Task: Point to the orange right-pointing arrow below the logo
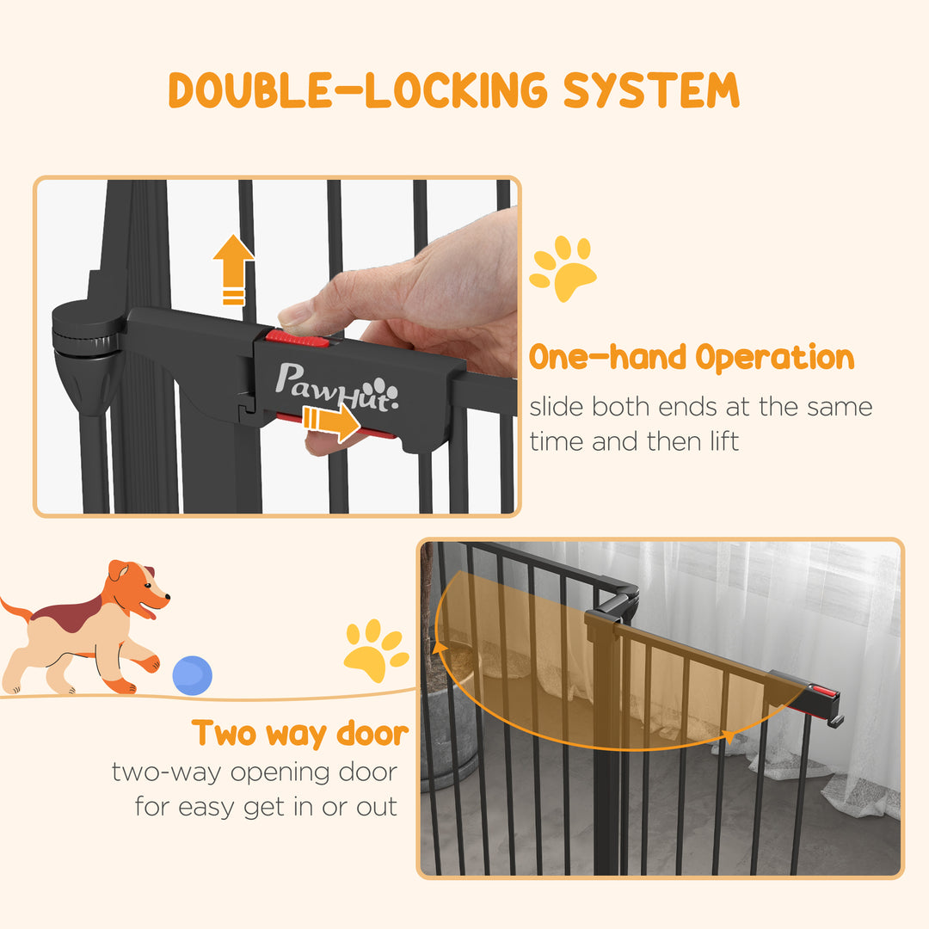332,421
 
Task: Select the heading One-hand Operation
692,358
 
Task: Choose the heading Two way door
300,733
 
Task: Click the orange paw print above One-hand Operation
563,268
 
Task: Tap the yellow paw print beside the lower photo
376,650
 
